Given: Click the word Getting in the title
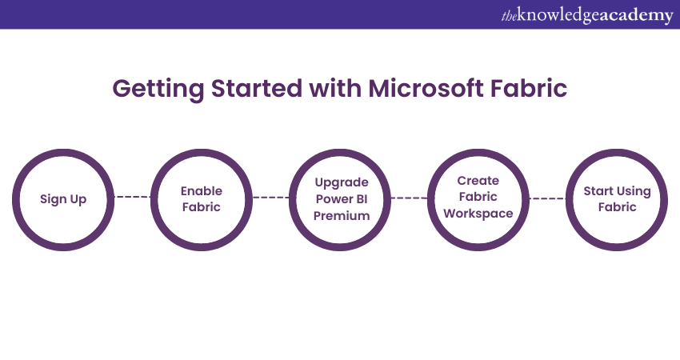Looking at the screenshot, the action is (x=158, y=90).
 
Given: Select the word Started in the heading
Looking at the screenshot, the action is (x=256, y=88).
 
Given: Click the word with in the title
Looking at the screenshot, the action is (x=335, y=88).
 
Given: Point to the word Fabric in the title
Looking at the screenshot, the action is (x=529, y=88).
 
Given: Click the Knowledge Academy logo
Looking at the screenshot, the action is (x=587, y=15).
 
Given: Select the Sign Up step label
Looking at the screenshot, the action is (x=63, y=199).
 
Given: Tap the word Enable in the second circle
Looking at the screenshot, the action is (x=202, y=191).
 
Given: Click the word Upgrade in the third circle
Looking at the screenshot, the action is (x=342, y=182).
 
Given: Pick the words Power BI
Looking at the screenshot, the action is (x=342, y=199).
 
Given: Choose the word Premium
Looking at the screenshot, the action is (x=342, y=215).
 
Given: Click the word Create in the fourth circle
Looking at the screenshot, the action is (x=478, y=181).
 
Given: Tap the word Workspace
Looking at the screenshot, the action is (x=478, y=214).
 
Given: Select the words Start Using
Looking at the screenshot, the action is (x=617, y=191).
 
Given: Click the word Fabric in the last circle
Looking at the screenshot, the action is (x=617, y=207).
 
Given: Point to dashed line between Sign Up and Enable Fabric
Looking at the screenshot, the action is (x=132, y=197).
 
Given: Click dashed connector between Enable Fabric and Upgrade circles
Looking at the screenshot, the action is (x=270, y=198).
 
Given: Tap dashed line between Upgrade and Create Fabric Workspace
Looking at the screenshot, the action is (x=409, y=198).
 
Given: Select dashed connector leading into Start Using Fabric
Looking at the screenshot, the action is (x=547, y=198).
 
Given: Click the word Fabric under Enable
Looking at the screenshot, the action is (x=202, y=207).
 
